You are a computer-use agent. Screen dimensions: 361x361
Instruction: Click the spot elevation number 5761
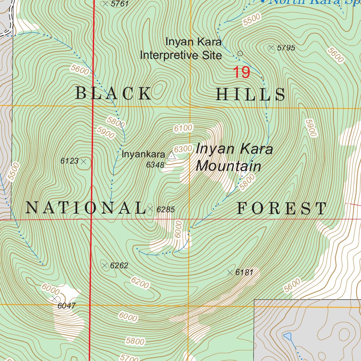120,4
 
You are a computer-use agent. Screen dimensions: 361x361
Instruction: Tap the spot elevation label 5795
286,48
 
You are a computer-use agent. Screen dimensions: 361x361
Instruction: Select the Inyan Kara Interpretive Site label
181,49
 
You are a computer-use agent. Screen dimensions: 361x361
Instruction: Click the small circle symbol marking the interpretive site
240,54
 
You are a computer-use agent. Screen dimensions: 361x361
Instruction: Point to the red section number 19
241,73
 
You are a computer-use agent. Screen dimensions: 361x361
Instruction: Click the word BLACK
114,94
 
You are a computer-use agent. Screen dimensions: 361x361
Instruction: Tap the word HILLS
250,95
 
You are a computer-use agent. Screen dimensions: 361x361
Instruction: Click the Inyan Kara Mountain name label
234,157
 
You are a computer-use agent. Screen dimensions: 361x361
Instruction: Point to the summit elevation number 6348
155,165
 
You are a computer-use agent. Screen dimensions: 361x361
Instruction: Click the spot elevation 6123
69,161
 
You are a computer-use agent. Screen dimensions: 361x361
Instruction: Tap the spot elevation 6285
166,210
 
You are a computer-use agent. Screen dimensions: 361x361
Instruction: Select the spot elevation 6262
119,266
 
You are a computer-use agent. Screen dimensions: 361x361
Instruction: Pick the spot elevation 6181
245,272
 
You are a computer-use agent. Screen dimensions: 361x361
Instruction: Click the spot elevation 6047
66,306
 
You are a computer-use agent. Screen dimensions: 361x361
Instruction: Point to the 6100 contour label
183,128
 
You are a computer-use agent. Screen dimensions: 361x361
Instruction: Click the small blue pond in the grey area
288,336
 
